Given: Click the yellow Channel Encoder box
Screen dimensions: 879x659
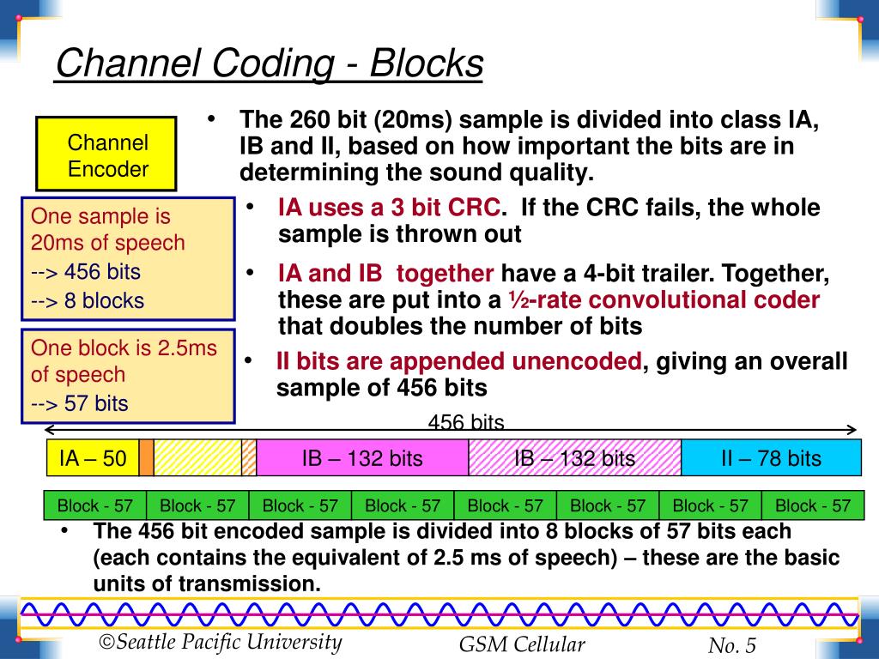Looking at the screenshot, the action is (x=107, y=154).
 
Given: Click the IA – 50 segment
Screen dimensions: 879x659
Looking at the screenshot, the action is (x=92, y=458).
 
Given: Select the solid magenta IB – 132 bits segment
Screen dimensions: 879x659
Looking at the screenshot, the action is (x=362, y=458).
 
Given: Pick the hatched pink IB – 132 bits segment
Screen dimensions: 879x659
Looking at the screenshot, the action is (x=574, y=458).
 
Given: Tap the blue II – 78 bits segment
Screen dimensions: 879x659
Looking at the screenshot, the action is (x=770, y=458).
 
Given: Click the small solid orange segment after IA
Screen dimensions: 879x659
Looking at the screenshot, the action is (x=146, y=458).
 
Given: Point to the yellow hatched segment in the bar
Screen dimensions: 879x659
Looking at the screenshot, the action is (x=197, y=458).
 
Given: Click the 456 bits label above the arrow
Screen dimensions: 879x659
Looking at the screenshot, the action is (x=466, y=422).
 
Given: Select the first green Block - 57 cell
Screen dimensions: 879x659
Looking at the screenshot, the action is (x=94, y=505).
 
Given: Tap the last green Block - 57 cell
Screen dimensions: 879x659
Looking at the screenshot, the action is (x=812, y=505).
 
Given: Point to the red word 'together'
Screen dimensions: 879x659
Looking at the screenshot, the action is (x=445, y=274).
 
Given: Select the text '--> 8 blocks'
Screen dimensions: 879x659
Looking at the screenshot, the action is (x=88, y=301).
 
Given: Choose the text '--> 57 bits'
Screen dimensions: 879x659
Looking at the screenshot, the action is (x=80, y=403).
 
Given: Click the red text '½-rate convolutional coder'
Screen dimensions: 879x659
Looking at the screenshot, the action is (x=661, y=300).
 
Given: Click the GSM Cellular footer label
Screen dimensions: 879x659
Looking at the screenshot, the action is (x=522, y=645).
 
